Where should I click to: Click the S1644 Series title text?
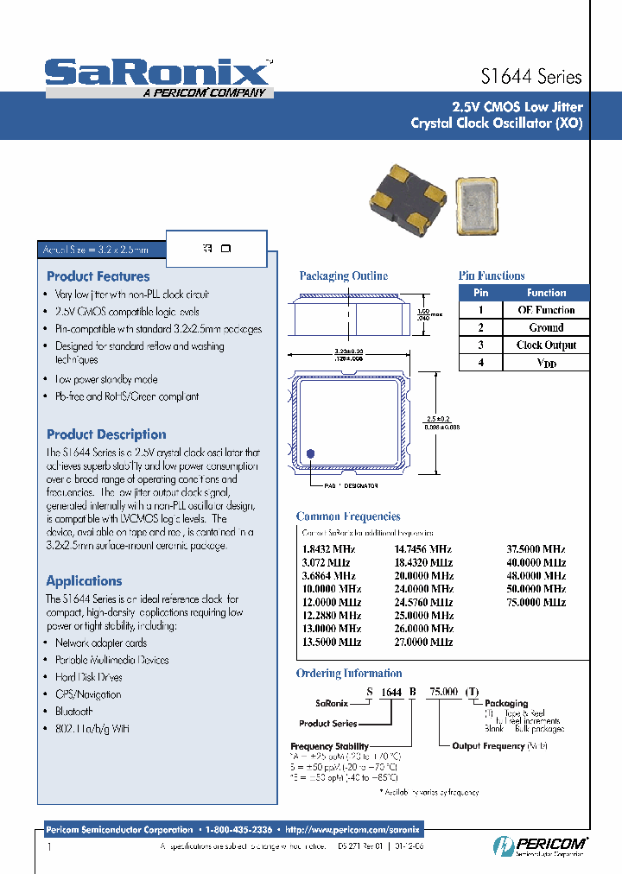coord(530,77)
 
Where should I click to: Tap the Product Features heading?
coord(98,276)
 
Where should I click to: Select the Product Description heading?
coord(106,434)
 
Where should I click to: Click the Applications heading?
coord(84,581)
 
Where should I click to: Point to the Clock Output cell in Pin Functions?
coord(546,345)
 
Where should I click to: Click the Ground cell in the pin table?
coord(546,327)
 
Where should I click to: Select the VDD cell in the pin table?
coord(546,363)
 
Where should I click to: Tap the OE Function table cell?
coord(546,310)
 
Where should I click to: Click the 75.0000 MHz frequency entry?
coord(536,602)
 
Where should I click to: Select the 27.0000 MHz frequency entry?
coord(423,642)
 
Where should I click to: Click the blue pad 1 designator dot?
coord(310,453)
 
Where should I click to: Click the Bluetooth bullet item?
coord(73,712)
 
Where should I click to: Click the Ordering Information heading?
coord(349,674)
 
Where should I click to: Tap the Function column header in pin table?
coord(546,293)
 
